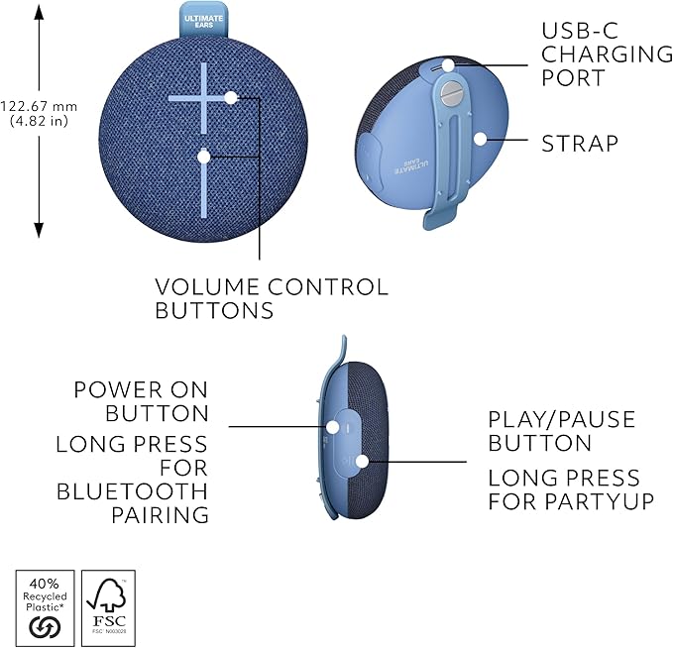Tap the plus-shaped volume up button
point(205,97)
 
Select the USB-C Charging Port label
point(606,54)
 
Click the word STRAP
point(580,144)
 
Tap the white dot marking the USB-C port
point(448,65)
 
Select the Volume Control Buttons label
point(272,298)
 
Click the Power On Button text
point(142,401)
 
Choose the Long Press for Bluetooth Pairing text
point(132,479)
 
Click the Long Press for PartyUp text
point(570,490)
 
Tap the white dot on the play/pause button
point(363,461)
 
